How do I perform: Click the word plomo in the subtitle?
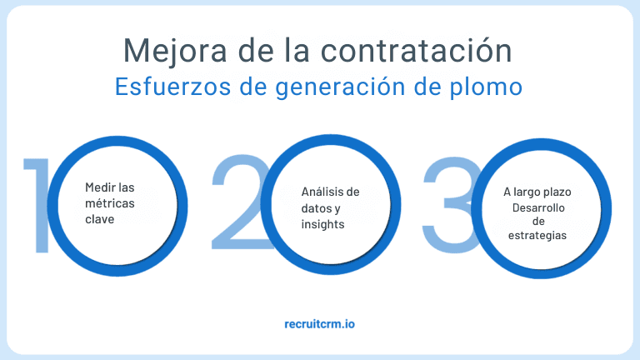click(486, 87)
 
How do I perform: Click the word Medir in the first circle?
click(100, 187)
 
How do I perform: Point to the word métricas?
click(110, 203)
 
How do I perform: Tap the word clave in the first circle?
click(99, 219)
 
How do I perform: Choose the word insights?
click(322, 224)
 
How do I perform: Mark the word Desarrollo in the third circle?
click(537, 207)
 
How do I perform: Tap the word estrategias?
click(537, 235)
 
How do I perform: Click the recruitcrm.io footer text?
click(319, 322)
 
